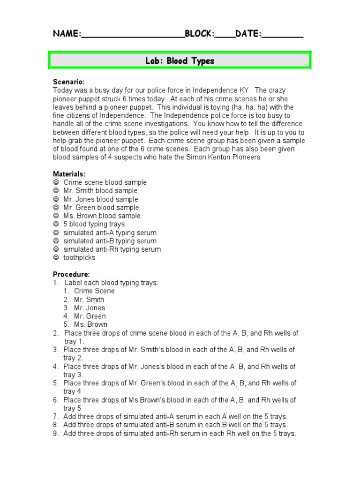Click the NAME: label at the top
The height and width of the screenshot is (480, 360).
tap(67, 34)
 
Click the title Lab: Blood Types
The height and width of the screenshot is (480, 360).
tap(180, 61)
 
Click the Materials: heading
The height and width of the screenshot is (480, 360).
tap(69, 174)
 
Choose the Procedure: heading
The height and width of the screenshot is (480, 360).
tap(71, 274)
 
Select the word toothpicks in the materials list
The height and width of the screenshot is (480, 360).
tap(79, 258)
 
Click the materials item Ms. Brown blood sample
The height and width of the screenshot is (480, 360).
tap(102, 216)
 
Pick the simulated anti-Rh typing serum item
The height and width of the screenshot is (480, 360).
tap(112, 249)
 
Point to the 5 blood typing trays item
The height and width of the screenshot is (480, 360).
tap(94, 224)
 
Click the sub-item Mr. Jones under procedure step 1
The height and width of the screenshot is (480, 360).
tap(89, 308)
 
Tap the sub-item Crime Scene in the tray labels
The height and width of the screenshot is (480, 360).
tap(94, 291)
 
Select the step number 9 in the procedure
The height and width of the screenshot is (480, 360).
tap(55, 434)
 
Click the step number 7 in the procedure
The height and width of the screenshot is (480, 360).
tap(55, 417)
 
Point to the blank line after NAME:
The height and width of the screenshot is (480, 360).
tap(133, 36)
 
